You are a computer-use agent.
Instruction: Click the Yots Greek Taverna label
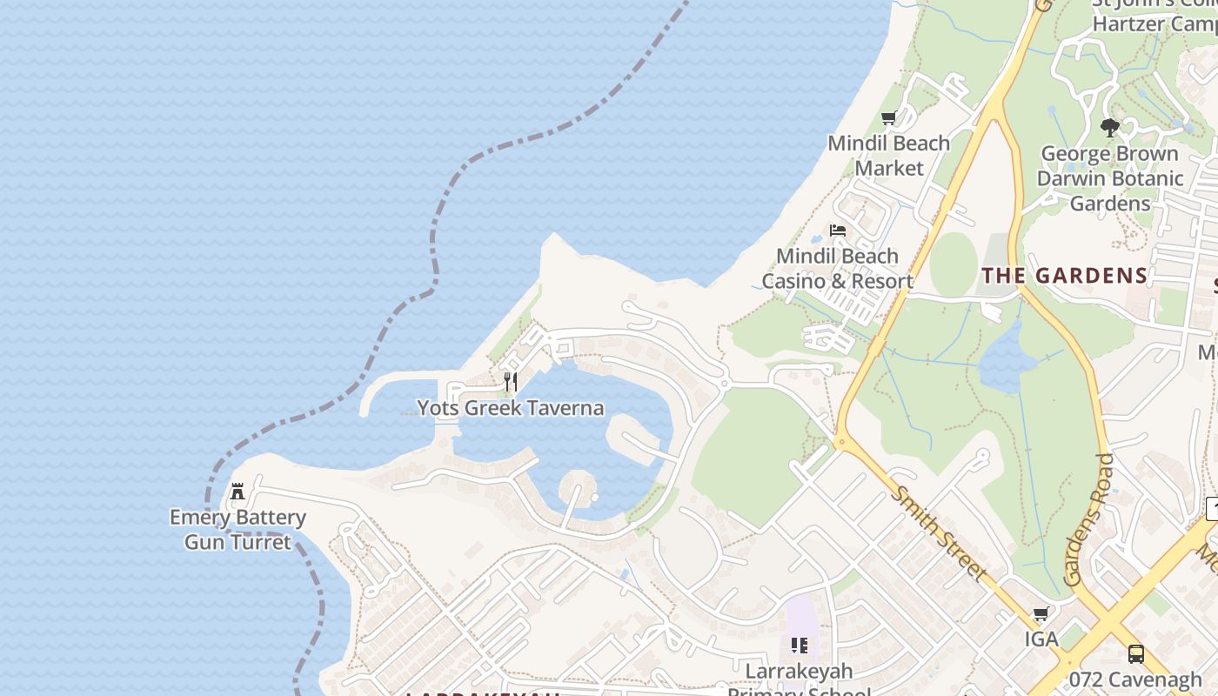click(x=510, y=408)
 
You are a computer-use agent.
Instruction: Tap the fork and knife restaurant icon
click(x=511, y=382)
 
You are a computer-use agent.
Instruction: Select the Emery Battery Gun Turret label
click(x=238, y=530)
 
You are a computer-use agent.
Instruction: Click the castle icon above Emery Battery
click(x=238, y=492)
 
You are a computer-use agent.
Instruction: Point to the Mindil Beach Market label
click(x=888, y=155)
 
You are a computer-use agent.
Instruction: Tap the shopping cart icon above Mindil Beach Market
click(x=888, y=118)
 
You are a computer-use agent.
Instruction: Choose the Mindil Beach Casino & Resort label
click(x=837, y=268)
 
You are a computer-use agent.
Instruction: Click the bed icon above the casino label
click(x=838, y=231)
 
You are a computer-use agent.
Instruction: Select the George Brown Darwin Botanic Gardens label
click(x=1109, y=178)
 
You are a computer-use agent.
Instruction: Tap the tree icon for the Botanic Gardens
click(x=1109, y=128)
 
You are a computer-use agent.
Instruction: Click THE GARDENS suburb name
click(x=1065, y=276)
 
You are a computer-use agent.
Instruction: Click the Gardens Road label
click(x=1087, y=520)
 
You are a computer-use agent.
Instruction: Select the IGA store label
click(x=1041, y=639)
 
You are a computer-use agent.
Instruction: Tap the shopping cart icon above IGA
click(x=1041, y=614)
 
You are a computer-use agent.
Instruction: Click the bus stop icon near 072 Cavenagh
click(x=1135, y=653)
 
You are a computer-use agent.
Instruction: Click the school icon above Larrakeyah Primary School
click(x=799, y=646)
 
